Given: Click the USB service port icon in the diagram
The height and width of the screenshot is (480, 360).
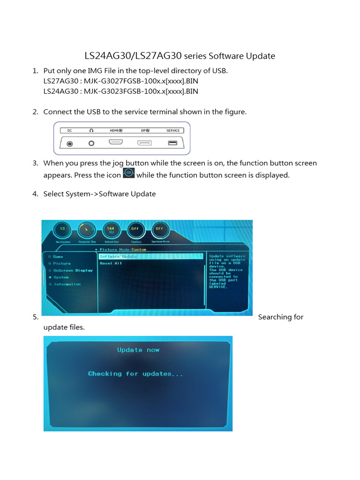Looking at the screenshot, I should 173,143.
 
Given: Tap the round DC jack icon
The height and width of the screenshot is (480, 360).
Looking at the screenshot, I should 70,143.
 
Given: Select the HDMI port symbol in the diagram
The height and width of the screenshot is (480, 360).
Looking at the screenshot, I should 116,142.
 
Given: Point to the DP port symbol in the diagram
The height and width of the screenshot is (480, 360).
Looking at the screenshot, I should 145,143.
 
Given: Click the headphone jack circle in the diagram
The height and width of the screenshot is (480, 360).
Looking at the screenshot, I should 91,143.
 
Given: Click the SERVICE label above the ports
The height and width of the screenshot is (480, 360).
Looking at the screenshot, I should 173,131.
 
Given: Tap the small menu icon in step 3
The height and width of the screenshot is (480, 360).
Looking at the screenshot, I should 128,173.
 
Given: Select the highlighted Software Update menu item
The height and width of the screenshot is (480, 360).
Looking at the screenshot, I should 118,256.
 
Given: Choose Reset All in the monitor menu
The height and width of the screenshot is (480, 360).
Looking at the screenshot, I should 111,263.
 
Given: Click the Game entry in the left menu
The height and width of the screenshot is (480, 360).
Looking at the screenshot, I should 58,256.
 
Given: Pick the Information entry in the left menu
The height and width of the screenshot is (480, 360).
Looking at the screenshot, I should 67,284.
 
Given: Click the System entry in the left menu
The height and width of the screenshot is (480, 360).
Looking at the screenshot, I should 61,277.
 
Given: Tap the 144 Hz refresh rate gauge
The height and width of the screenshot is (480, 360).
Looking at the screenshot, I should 111,230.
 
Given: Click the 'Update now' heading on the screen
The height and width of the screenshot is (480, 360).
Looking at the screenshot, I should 138,350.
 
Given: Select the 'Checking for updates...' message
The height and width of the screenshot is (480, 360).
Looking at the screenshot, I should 135,374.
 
